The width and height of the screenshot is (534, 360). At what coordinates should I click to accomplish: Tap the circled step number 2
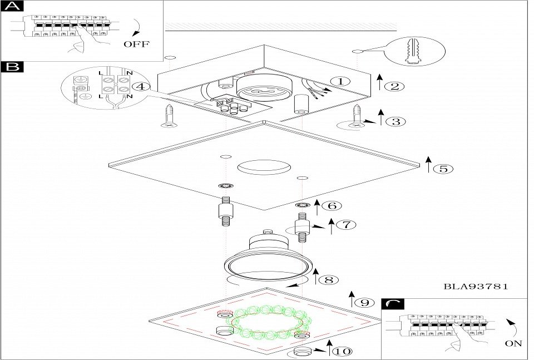point(394,86)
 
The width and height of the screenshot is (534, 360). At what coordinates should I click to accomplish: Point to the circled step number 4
point(141,86)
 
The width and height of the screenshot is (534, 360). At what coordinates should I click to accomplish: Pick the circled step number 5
point(443,169)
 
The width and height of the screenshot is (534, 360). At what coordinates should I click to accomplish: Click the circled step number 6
point(332,205)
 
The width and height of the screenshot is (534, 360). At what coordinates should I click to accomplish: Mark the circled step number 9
point(364,303)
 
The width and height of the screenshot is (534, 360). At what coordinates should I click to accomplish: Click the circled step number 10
point(344,351)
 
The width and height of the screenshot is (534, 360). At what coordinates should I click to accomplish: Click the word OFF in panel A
point(137,44)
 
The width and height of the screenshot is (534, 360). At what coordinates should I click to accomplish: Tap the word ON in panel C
point(513,344)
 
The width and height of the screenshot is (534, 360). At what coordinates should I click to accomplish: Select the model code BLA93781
point(476,287)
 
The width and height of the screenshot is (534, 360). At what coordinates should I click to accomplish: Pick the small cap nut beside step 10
point(303,352)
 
